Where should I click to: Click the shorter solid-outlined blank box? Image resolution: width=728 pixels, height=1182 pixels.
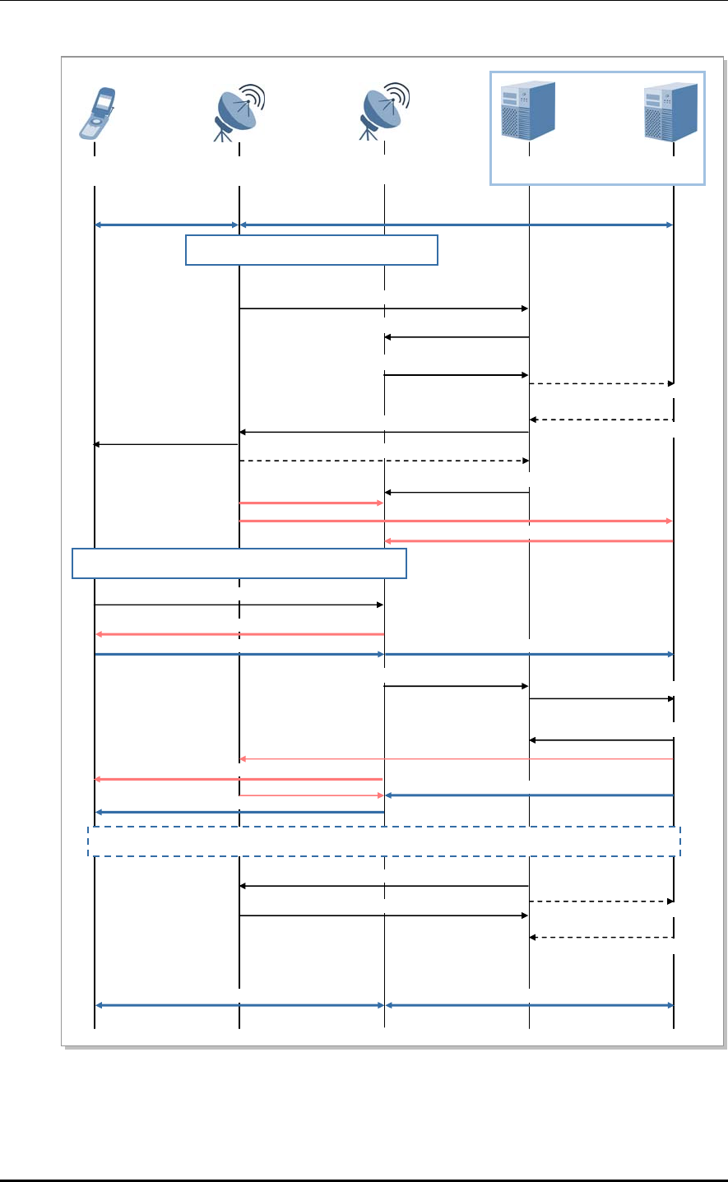(x=312, y=250)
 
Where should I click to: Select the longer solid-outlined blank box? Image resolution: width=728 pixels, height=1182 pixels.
(x=239, y=563)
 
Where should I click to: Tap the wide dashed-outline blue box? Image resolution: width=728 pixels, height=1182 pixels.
(x=384, y=841)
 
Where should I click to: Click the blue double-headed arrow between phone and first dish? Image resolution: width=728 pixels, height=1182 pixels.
(x=167, y=225)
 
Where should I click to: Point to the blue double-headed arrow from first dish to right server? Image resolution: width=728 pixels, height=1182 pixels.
(x=457, y=225)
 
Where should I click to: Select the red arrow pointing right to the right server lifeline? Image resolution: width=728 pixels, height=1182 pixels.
(x=457, y=521)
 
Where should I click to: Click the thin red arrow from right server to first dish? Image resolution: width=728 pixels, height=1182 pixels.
(x=457, y=758)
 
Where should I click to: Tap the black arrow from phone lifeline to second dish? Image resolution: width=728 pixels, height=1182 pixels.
(x=239, y=605)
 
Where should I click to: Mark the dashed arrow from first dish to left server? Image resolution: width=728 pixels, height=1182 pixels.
(x=384, y=461)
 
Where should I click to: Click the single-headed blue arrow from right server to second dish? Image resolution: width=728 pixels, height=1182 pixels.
(x=529, y=795)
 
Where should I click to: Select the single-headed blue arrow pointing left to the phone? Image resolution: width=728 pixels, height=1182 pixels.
(x=239, y=812)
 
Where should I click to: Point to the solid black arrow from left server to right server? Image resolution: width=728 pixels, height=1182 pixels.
(x=601, y=698)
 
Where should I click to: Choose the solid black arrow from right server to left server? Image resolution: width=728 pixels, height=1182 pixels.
(x=601, y=740)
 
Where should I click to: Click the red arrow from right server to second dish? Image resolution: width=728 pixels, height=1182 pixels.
(x=529, y=540)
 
